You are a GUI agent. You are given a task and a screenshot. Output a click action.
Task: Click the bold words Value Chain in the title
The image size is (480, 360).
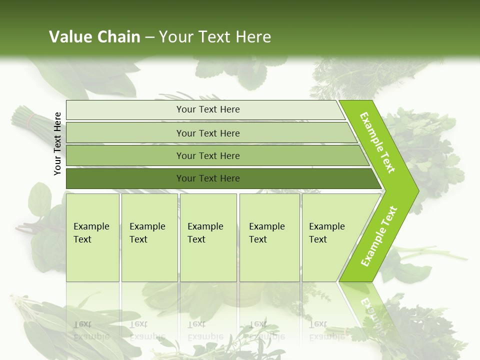coord(94,37)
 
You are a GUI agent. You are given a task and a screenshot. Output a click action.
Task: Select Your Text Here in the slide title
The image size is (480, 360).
coord(215,37)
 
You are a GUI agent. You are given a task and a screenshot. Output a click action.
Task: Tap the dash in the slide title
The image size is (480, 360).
coord(149,37)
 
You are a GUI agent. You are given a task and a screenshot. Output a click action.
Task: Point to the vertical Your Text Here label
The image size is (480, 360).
coord(57,143)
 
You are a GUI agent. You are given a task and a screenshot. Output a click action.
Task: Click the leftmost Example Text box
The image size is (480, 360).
coord(92,237)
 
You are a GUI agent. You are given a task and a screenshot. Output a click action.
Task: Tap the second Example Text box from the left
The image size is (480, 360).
coord(149,237)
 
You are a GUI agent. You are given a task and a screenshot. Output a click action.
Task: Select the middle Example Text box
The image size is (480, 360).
coord(208,237)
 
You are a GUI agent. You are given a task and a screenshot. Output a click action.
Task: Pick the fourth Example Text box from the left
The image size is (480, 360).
coord(269,237)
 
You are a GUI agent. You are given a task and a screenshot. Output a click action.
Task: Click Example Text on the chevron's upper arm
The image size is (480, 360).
coord(377,142)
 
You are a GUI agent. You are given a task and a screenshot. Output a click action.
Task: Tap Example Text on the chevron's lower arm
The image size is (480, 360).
coord(379,236)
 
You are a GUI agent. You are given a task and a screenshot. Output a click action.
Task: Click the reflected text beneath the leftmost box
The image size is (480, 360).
coord(91,330)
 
